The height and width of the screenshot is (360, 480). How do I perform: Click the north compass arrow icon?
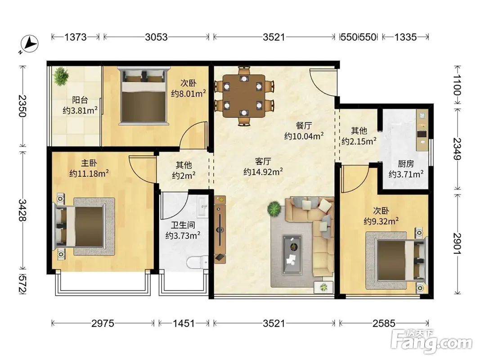point(29,44)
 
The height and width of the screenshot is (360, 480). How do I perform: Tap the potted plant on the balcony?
point(62,76)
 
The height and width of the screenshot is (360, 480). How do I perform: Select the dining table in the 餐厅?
point(244,96)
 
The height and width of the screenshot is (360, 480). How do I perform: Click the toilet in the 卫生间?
point(197,262)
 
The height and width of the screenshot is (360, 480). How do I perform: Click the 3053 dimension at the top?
point(156,37)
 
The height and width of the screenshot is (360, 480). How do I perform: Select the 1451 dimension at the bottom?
point(184,323)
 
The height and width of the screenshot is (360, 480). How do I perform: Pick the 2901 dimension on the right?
point(458,243)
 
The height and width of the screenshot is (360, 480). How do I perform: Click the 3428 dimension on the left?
point(22,210)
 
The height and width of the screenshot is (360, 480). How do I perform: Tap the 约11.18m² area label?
point(89,174)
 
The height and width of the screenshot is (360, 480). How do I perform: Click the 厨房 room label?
point(406,164)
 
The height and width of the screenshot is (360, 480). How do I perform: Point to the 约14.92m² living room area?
point(263,172)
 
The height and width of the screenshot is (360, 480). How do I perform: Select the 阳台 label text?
point(80,100)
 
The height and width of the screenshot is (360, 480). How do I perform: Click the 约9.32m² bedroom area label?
point(381,221)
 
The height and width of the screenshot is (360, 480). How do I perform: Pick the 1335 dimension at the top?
point(405,37)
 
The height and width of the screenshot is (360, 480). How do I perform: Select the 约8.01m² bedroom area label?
point(188,93)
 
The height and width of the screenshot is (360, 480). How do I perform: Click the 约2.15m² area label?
point(359,141)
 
